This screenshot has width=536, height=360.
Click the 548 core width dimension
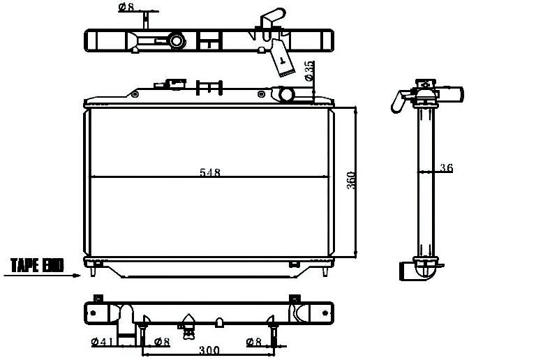(x=210, y=172)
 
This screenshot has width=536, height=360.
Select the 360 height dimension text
(x=351, y=180)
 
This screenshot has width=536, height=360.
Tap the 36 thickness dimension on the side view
(x=446, y=167)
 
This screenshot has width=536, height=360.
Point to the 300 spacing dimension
(x=209, y=350)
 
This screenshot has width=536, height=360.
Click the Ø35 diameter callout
(x=308, y=70)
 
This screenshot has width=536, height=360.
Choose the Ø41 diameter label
(x=103, y=341)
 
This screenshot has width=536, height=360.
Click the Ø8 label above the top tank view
(x=126, y=7)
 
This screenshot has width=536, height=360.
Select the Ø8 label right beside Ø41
(x=162, y=341)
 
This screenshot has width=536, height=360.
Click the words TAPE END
(x=37, y=265)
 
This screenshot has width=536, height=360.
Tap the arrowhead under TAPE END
(x=77, y=276)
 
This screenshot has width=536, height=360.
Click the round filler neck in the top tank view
(x=177, y=41)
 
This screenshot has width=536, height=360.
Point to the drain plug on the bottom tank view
(x=188, y=327)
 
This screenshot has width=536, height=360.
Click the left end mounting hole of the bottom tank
(x=94, y=313)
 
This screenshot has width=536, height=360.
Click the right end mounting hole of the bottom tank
(x=325, y=313)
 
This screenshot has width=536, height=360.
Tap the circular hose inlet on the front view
(x=286, y=95)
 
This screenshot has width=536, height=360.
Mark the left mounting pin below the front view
(x=93, y=271)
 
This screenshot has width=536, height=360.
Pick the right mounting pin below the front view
(x=325, y=271)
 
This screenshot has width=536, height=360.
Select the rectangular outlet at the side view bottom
(x=407, y=271)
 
